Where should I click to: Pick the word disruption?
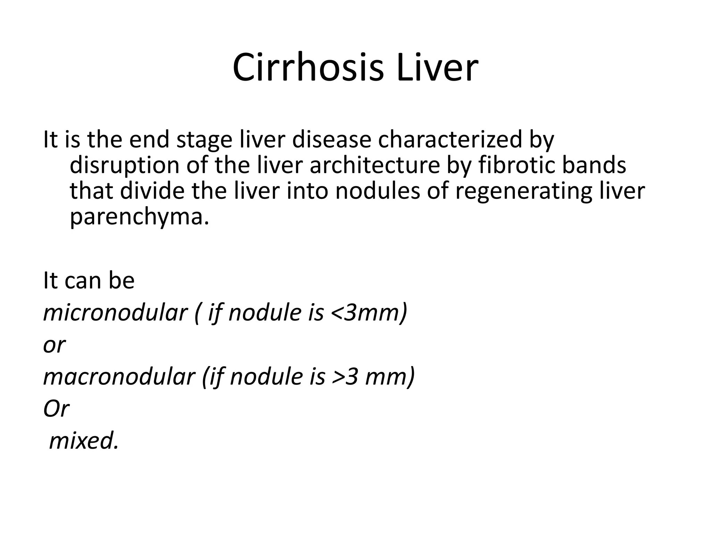coord(124,165)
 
